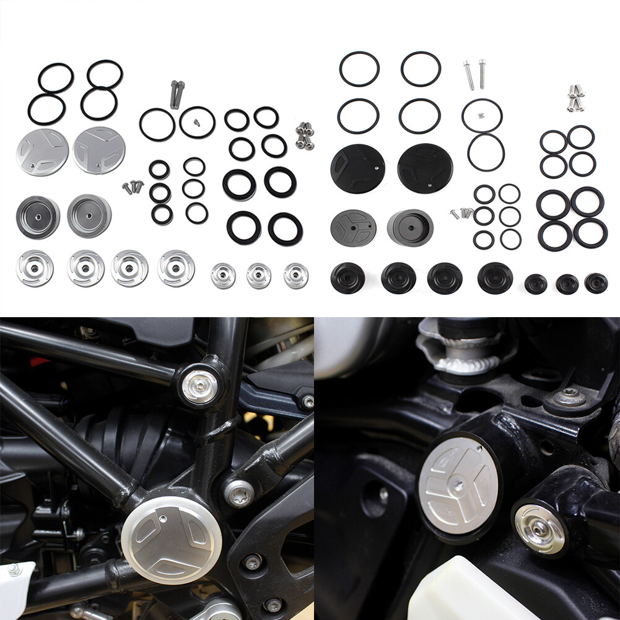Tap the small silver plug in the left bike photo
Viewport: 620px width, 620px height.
199,387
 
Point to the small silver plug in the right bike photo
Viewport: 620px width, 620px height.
540,529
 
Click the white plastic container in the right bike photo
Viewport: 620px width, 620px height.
458,592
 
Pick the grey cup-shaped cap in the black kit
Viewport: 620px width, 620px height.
410,228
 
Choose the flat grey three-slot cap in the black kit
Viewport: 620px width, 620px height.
353,227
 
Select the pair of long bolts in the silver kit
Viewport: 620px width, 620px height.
177,94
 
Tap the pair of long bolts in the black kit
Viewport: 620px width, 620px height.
475,74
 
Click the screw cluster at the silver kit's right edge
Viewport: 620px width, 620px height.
304,136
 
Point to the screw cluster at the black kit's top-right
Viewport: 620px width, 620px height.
575,98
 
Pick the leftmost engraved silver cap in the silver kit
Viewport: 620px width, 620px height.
42,152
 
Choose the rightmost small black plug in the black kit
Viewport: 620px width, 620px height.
596,283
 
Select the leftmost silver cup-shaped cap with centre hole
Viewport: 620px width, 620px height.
38,217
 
